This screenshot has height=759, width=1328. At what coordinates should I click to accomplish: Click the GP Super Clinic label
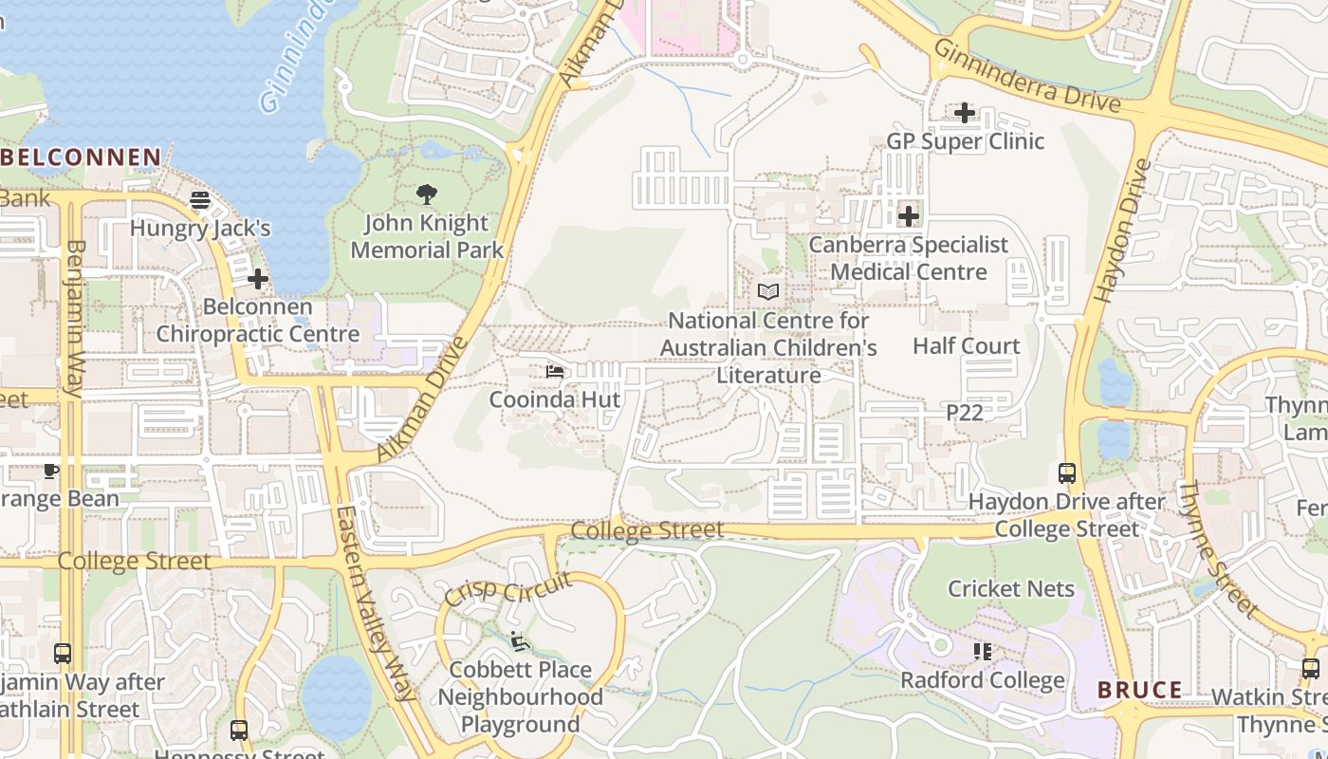click(965, 141)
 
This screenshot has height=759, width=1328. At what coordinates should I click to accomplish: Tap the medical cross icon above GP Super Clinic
click(965, 113)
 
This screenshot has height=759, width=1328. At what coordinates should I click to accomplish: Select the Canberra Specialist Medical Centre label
click(909, 258)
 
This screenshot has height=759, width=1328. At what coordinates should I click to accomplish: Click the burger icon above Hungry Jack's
click(200, 200)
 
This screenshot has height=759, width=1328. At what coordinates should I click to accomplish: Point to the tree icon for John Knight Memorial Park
click(427, 194)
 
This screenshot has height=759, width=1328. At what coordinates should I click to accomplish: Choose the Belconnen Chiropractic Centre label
click(257, 321)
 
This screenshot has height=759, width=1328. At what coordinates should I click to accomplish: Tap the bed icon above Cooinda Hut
click(555, 371)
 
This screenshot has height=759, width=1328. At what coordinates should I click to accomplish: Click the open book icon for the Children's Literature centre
click(768, 292)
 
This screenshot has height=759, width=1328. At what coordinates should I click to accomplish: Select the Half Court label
click(966, 346)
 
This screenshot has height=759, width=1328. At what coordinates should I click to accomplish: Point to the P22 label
click(964, 413)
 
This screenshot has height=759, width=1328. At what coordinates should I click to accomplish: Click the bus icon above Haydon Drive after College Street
click(1067, 472)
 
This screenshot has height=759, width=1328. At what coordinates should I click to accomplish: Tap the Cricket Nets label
click(1011, 589)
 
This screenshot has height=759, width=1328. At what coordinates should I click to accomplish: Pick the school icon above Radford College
click(982, 652)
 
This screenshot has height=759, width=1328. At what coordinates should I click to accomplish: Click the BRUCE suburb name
click(1140, 691)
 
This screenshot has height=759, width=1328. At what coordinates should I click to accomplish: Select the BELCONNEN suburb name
click(80, 157)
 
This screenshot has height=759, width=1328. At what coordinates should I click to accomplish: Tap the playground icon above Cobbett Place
click(519, 642)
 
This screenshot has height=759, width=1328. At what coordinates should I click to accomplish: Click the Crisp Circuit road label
click(507, 590)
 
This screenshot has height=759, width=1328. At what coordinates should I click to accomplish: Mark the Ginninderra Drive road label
click(1026, 76)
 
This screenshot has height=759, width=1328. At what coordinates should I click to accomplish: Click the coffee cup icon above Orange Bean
click(51, 471)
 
